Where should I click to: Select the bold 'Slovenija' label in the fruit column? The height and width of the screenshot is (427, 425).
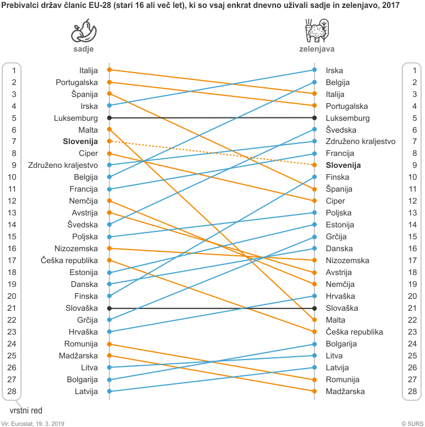[80, 141]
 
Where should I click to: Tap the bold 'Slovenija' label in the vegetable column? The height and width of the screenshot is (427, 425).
[343, 165]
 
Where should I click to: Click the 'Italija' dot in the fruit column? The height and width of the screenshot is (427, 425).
[109, 70]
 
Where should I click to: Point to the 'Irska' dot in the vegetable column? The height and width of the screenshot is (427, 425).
[314, 70]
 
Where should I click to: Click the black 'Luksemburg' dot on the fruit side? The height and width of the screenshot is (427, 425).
[109, 117]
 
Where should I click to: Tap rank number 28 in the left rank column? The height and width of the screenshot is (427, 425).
[12, 391]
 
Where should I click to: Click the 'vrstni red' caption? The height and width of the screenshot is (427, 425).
[26, 410]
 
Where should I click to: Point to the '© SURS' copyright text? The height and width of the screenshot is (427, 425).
[411, 423]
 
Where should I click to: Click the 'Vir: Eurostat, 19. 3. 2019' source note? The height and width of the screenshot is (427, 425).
[36, 423]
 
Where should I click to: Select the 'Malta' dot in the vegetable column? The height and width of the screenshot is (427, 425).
[314, 320]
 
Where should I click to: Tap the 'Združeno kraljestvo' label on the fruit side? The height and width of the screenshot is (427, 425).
[63, 165]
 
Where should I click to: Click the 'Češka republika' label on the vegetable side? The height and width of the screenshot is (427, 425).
[355, 332]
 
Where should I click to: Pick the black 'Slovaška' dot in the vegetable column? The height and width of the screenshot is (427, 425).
[314, 308]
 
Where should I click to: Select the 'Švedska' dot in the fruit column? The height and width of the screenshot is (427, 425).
[109, 225]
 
